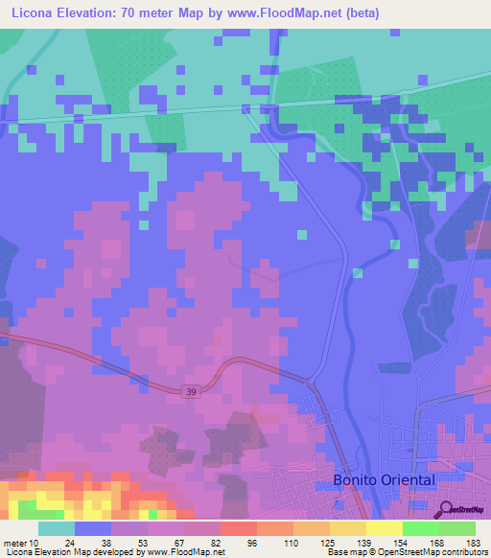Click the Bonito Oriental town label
coord(384,479)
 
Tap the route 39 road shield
coord(190,390)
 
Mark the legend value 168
coord(438,542)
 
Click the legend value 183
coord(475,542)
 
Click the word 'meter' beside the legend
coord(14,542)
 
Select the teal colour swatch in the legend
coord(56,528)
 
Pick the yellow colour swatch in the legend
coord(384,528)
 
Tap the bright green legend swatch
coord(420,528)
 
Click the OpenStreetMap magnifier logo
coord(445,509)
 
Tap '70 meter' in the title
coord(157,13)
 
